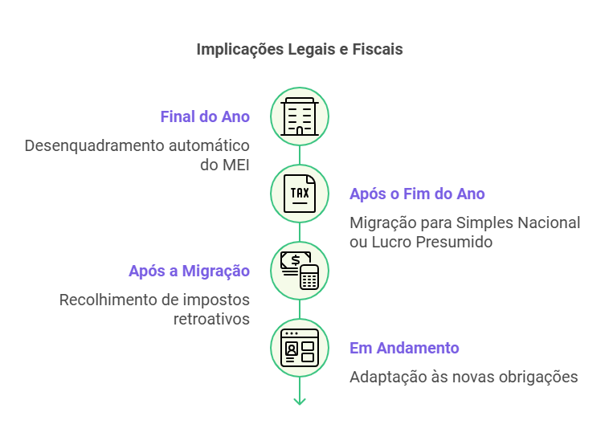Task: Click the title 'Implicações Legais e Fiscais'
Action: [x=300, y=49]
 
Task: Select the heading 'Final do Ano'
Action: [x=205, y=116]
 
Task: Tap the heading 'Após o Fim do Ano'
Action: [x=417, y=194]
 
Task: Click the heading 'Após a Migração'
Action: [x=189, y=271]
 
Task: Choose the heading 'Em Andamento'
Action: [x=404, y=348]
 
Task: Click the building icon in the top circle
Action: [x=300, y=116]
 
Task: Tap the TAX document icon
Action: [x=300, y=194]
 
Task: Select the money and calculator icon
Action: [x=300, y=271]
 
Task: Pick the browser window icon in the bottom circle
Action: [x=300, y=348]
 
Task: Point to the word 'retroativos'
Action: [x=211, y=319]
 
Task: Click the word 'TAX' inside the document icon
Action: [x=300, y=193]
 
